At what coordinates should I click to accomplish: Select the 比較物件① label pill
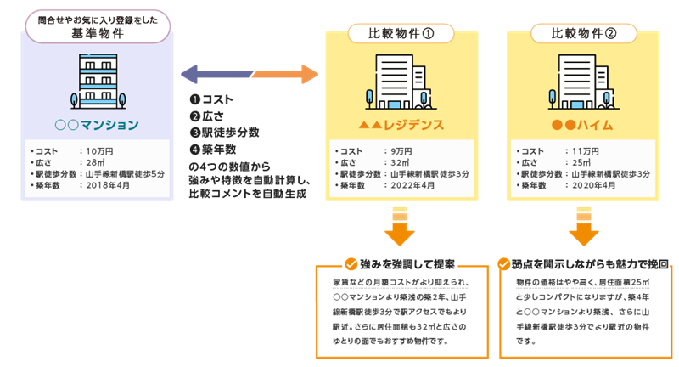tap(402, 34)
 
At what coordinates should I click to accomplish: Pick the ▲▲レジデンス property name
tap(402, 124)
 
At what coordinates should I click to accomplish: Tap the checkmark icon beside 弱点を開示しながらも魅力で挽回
tap(504, 263)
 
